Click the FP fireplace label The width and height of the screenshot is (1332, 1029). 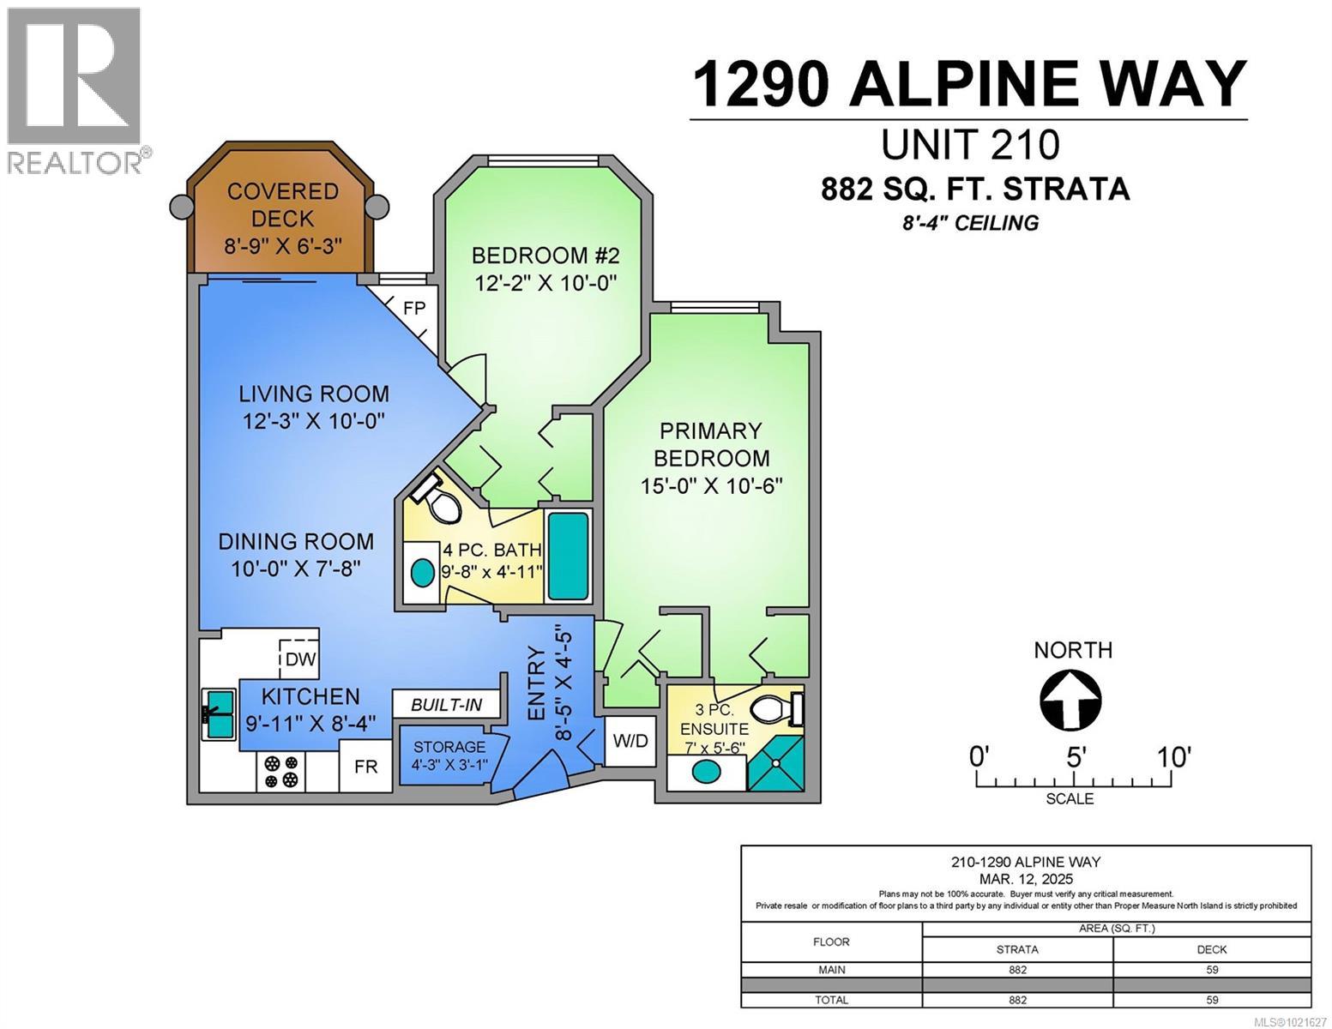coord(414,308)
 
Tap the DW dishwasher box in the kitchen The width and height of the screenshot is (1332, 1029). coord(300,659)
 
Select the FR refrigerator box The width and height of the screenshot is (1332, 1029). coord(366,766)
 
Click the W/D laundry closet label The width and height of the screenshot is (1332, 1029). coord(631,740)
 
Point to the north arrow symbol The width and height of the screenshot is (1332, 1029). coord(1071,699)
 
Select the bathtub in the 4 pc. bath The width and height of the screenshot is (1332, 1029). coord(568,556)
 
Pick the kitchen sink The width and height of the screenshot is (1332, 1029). coord(220,713)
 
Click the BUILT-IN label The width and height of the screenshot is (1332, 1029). coord(446,705)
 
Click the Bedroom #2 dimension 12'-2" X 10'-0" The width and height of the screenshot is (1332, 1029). coord(545,282)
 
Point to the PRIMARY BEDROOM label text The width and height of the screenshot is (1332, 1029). coord(711,444)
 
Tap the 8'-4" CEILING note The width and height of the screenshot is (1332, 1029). coord(971,224)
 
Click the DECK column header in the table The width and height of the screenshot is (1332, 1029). coord(1211,949)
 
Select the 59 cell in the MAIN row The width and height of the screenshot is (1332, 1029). coord(1211,970)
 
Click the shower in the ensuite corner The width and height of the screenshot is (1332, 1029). coord(777,763)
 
